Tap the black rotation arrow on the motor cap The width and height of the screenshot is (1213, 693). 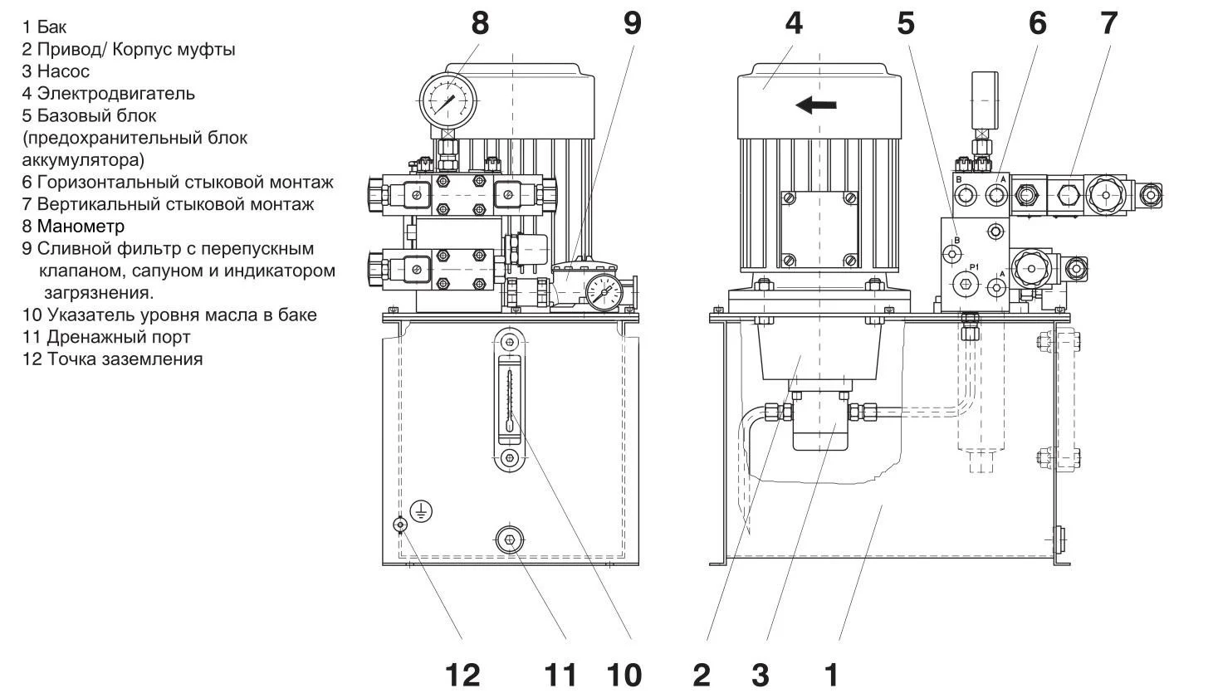(815, 105)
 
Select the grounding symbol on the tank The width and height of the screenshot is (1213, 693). (421, 511)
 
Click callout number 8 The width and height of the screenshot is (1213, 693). (480, 22)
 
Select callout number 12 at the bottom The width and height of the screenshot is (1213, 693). (462, 675)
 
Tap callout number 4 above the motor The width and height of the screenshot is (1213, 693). (794, 22)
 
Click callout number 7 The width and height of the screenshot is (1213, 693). (1108, 22)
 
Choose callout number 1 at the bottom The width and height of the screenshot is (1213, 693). (831, 675)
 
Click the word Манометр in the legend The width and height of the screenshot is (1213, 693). (81, 226)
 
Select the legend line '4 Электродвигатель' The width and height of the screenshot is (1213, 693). (109, 93)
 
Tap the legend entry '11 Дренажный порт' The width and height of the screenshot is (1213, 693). (106, 337)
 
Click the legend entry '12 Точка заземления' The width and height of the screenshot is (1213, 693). (112, 359)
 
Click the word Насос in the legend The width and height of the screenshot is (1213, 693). (63, 71)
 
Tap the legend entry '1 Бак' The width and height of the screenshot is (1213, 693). (45, 27)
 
